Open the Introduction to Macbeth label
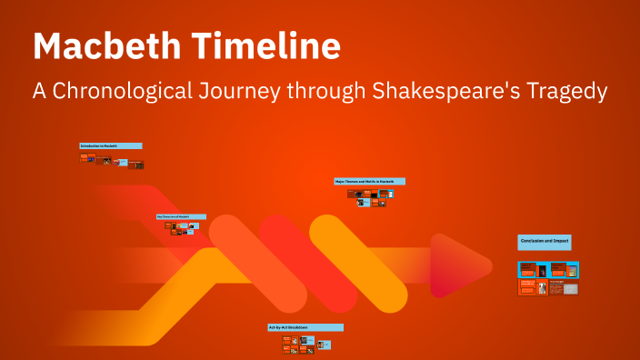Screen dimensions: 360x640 tap(110, 145)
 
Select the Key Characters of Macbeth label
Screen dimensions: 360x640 tap(180, 216)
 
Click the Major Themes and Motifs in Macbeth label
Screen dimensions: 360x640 tap(369, 181)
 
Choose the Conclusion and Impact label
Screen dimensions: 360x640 tap(544, 242)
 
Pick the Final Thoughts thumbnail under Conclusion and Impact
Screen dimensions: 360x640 tap(564, 287)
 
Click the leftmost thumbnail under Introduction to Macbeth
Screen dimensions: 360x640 tap(84, 156)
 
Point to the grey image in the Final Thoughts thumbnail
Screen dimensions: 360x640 tap(570, 288)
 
